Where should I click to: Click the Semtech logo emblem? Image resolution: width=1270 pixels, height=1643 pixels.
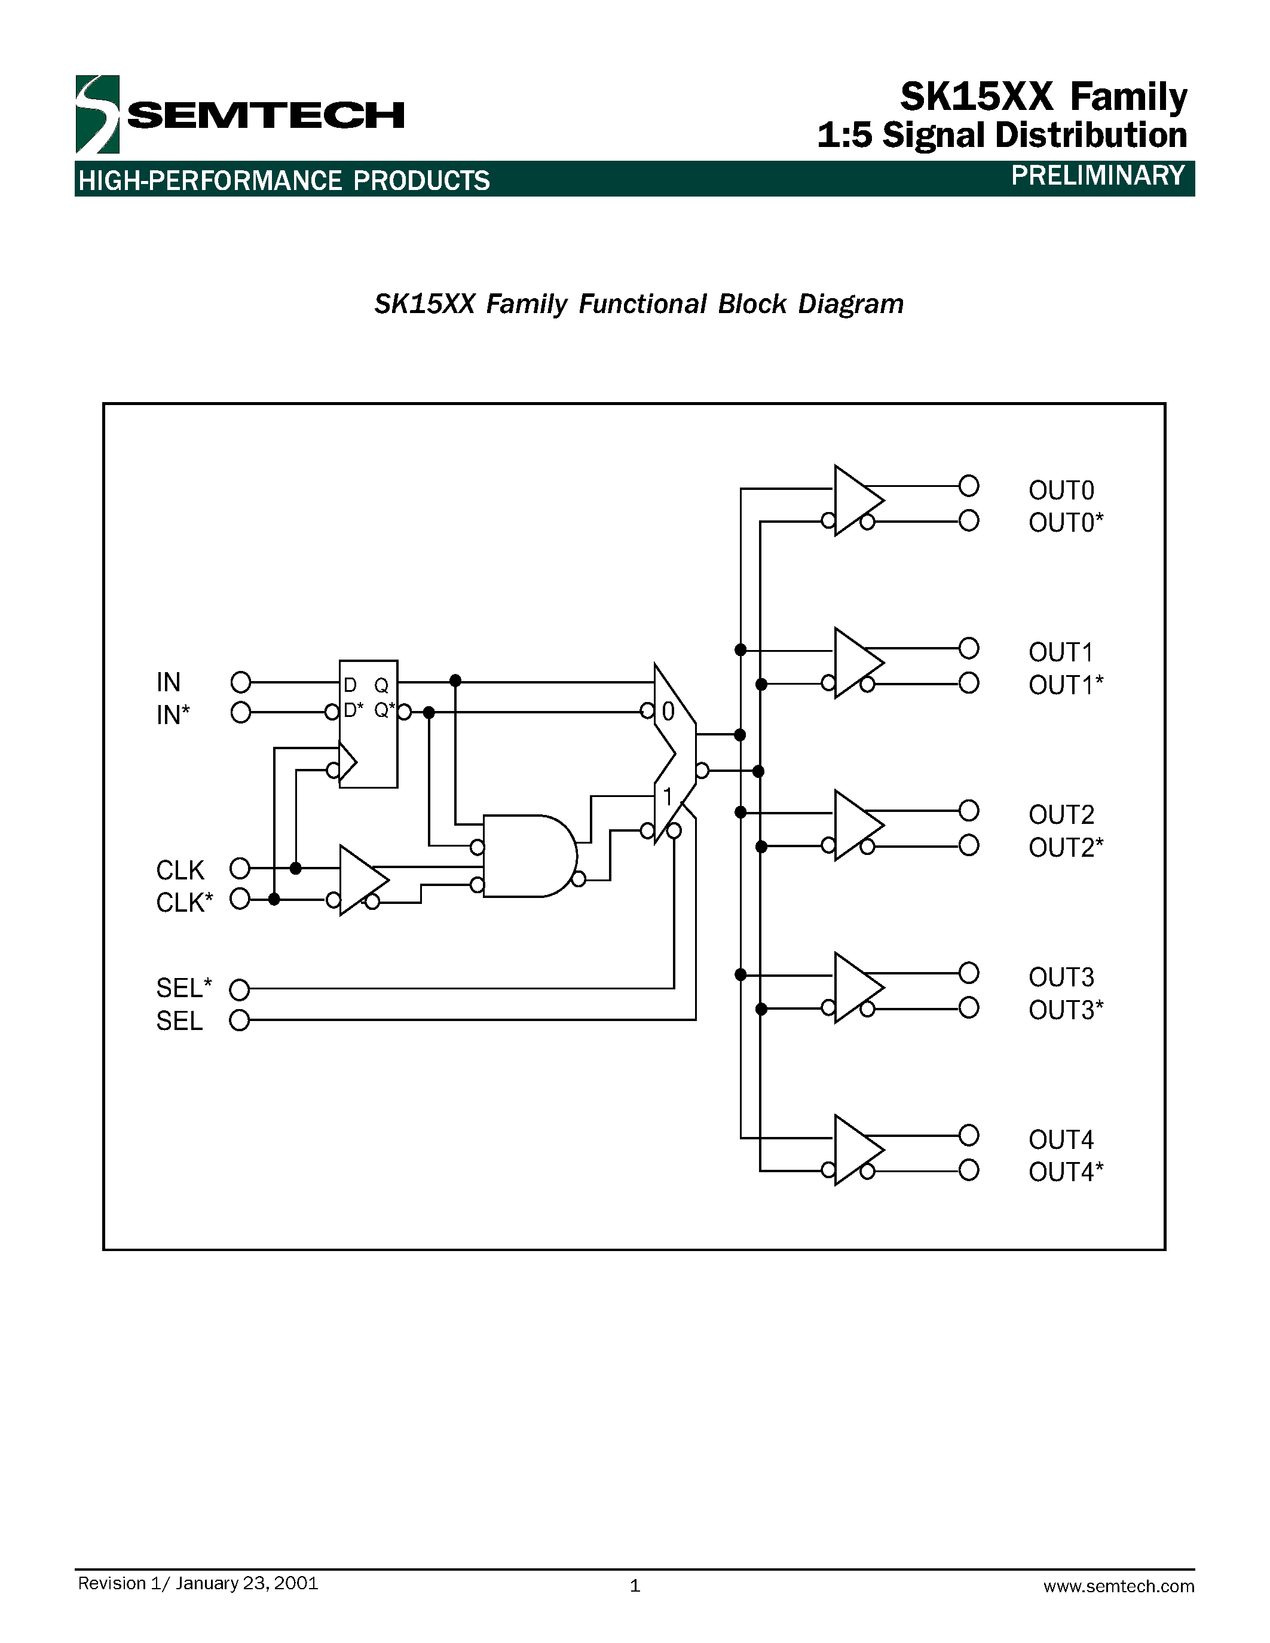pyautogui.click(x=97, y=114)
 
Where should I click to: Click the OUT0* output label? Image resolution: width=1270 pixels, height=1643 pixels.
pyautogui.click(x=1066, y=523)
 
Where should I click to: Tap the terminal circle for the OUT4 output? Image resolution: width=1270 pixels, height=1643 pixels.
pyautogui.click(x=969, y=1135)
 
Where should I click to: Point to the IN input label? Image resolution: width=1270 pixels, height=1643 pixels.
pyautogui.click(x=169, y=682)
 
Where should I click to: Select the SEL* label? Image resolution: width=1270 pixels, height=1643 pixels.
pyautogui.click(x=183, y=987)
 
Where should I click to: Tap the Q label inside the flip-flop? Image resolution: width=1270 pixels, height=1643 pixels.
pyautogui.click(x=381, y=685)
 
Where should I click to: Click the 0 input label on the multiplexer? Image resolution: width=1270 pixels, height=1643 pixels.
pyautogui.click(x=668, y=712)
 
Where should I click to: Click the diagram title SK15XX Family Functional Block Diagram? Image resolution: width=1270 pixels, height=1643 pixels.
pyautogui.click(x=639, y=304)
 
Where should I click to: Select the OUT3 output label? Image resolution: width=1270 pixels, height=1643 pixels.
pyautogui.click(x=1061, y=977)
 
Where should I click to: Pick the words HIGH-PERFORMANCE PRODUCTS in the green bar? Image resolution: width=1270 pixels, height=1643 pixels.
pyautogui.click(x=284, y=181)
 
